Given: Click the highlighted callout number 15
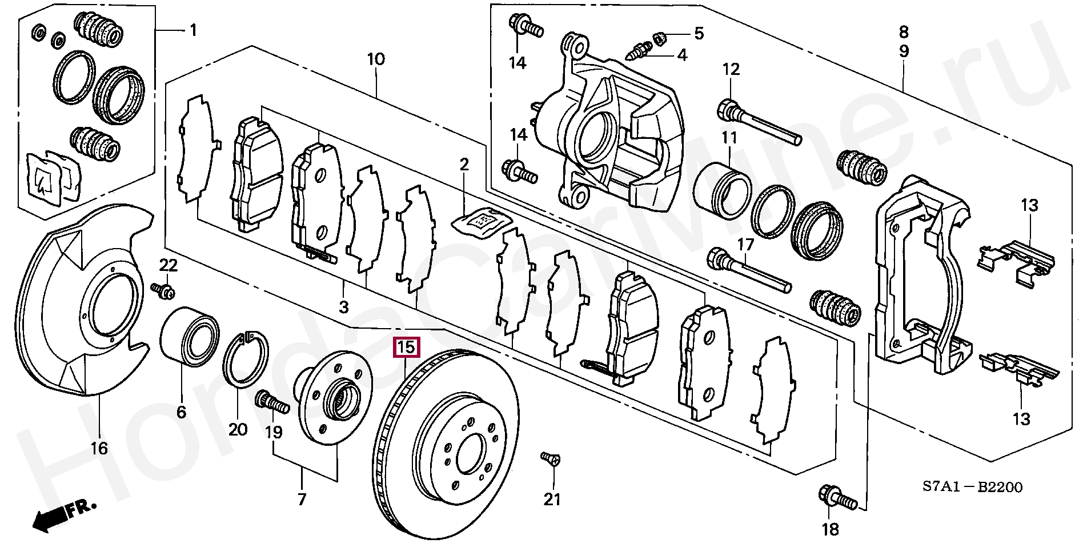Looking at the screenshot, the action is pyautogui.click(x=406, y=347).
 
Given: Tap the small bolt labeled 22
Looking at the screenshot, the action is pyautogui.click(x=163, y=290).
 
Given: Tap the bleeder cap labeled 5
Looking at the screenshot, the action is pyautogui.click(x=657, y=38).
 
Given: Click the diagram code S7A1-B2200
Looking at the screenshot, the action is pyautogui.click(x=972, y=487).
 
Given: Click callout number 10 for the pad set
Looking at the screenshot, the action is pyautogui.click(x=376, y=59).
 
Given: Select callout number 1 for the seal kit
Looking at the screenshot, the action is pyautogui.click(x=193, y=30).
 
